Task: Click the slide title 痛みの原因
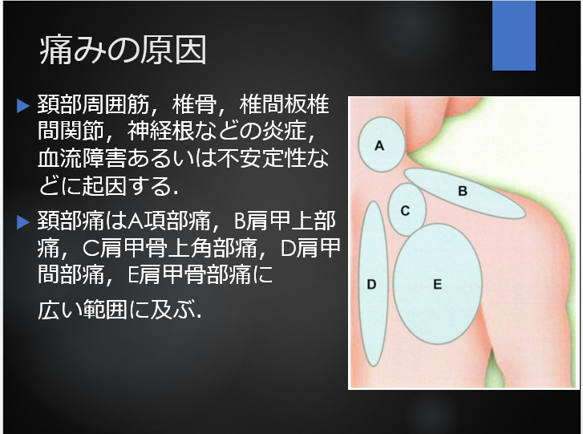pos(123,51)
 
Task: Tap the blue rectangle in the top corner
pos(514,35)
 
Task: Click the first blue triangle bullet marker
pos(23,106)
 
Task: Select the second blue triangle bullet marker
pos(23,222)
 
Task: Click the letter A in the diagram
pos(379,145)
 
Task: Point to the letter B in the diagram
pos(463,191)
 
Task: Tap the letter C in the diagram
pos(405,211)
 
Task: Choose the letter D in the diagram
pos(371,285)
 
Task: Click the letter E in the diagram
pos(437,285)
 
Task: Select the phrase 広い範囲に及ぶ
pos(119,310)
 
